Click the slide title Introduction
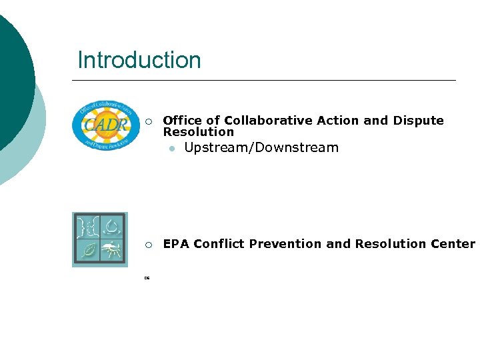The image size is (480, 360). pyautogui.click(x=139, y=60)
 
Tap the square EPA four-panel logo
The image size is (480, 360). pyautogui.click(x=99, y=239)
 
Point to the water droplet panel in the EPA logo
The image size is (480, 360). pyautogui.click(x=111, y=227)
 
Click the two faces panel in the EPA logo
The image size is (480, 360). pyautogui.click(x=87, y=227)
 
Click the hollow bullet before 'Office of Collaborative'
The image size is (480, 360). pyautogui.click(x=150, y=121)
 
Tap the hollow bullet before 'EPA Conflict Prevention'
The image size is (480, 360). pyautogui.click(x=150, y=245)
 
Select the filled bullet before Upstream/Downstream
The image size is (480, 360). pyautogui.click(x=171, y=149)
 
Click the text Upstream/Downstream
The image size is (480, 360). pyautogui.click(x=261, y=147)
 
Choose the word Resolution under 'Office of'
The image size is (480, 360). pyautogui.click(x=199, y=132)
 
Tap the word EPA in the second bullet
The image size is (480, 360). pyautogui.click(x=176, y=243)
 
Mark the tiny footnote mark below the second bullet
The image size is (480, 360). pyautogui.click(x=147, y=278)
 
